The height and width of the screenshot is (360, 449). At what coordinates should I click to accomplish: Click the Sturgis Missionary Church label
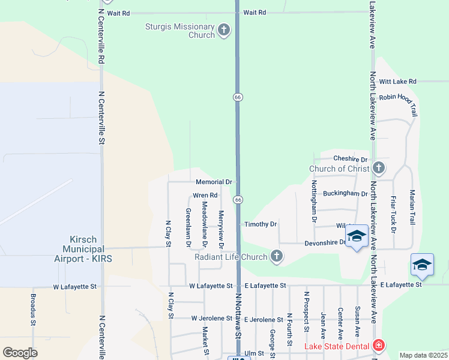pos(180,31)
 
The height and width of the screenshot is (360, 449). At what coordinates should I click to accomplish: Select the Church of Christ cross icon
pos(378,167)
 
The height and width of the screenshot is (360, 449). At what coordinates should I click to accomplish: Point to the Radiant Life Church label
pos(231,257)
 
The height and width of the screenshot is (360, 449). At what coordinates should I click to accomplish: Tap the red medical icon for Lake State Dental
pos(378,346)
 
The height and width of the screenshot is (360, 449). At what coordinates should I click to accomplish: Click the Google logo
pos(20,353)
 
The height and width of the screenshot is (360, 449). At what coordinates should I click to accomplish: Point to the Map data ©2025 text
pos(423,355)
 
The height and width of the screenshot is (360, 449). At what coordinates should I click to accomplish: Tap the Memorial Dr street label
pos(214,182)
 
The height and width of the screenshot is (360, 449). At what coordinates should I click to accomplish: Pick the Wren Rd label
pos(205,196)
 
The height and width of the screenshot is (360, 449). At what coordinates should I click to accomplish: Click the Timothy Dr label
pos(261,224)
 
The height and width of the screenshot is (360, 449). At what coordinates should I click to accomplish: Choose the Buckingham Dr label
pos(345,194)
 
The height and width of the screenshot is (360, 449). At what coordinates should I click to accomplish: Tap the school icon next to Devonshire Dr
pos(357,237)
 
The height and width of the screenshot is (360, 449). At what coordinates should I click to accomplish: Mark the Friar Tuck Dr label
pos(394,214)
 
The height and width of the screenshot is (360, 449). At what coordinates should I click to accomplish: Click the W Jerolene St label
pos(211,318)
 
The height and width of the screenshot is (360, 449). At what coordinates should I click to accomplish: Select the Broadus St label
pos(33,310)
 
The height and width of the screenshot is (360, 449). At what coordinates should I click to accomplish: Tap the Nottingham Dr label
pos(314,202)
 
